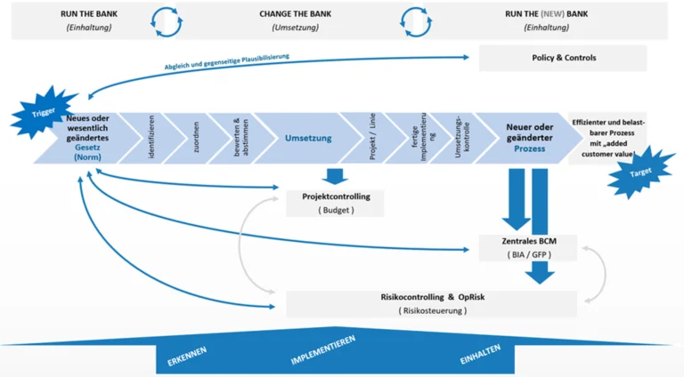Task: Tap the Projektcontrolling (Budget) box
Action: pyautogui.click(x=335, y=203)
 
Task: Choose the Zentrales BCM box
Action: pyautogui.click(x=529, y=247)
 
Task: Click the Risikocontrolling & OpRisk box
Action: pyautogui.click(x=433, y=302)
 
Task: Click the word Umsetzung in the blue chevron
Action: pyautogui.click(x=308, y=139)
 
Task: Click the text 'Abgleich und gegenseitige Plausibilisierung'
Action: pyautogui.click(x=226, y=62)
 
